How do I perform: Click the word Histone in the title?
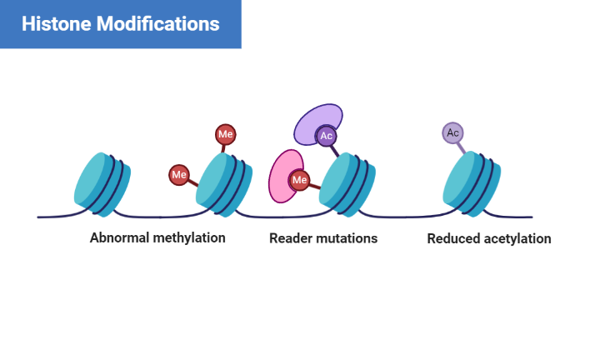tap(55, 23)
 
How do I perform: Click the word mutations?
tap(347, 238)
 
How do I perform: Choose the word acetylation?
tap(519, 238)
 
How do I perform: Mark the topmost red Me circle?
tap(225, 133)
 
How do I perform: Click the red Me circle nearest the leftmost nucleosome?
tap(178, 175)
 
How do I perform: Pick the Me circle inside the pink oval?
tap(299, 179)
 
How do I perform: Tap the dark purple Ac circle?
tap(326, 136)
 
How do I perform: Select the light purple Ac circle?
tap(452, 132)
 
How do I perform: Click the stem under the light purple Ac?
tap(461, 147)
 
